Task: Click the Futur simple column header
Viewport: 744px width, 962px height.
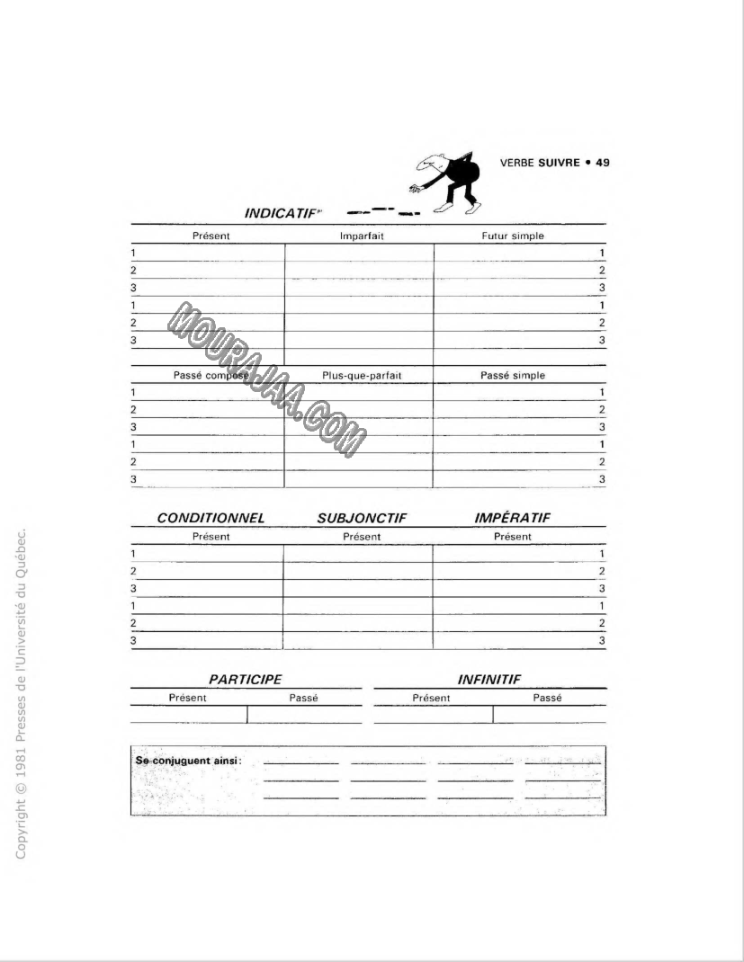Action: click(x=512, y=236)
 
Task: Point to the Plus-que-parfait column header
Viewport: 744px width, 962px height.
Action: click(x=362, y=375)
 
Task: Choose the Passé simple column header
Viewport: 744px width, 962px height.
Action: click(x=512, y=375)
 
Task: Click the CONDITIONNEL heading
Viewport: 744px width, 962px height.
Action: click(x=211, y=518)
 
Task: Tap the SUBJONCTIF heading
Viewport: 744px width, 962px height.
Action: click(x=362, y=518)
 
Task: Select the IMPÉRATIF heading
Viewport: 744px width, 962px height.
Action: click(x=512, y=518)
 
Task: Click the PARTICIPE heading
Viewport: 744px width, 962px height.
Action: click(x=245, y=680)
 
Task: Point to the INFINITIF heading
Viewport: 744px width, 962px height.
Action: click(x=489, y=680)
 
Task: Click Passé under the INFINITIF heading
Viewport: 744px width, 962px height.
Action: click(x=547, y=698)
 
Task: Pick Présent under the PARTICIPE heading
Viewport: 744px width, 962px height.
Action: click(x=187, y=698)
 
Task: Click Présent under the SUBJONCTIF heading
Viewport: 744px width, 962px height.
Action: click(x=362, y=537)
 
